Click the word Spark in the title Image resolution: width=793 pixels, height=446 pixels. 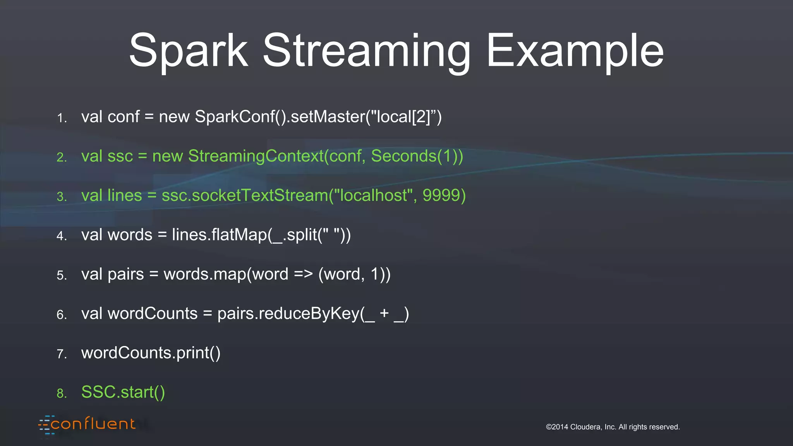click(188, 51)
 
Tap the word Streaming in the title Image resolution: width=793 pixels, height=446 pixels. click(366, 51)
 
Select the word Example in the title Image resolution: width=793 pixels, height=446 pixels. click(575, 51)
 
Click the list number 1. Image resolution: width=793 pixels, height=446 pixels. click(62, 118)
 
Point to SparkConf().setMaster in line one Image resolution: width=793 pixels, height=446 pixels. click(280, 117)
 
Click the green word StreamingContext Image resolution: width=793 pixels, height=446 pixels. click(256, 156)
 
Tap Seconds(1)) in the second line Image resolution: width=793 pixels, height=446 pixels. click(417, 156)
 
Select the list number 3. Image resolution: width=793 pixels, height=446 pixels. click(62, 197)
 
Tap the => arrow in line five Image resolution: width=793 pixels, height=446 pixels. click(303, 274)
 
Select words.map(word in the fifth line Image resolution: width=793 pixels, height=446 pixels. click(226, 274)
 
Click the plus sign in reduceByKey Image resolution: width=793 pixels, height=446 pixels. click(384, 313)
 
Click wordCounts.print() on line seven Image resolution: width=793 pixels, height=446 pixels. click(151, 353)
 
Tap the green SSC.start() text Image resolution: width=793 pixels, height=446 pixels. click(123, 392)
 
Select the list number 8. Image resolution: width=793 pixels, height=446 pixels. click(62, 394)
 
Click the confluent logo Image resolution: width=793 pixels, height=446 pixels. click(88, 424)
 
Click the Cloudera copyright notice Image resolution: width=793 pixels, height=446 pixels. click(613, 427)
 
